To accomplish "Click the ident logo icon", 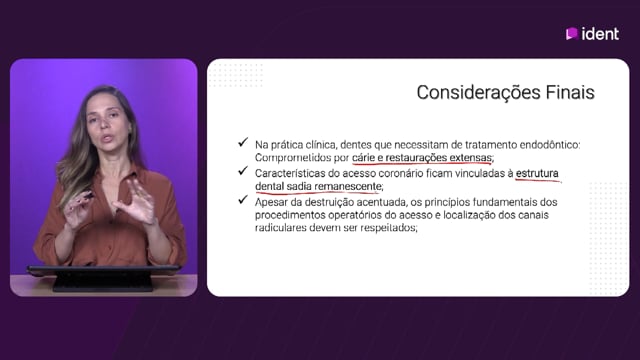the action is (572, 33).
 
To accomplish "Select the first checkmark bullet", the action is (243, 142).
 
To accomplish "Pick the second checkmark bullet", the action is (243, 171).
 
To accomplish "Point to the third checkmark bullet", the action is (243, 200).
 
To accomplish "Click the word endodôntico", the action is (550, 145).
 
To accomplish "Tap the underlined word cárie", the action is (363, 158).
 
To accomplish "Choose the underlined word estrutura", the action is (537, 173).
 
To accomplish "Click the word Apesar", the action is (271, 202).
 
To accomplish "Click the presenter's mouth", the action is (107, 138).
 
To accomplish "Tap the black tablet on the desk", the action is (103, 278).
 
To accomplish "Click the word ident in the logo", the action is (600, 34).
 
